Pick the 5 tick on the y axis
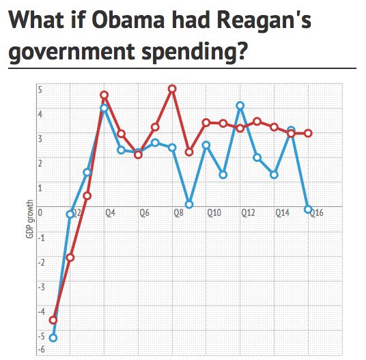tap(40, 89)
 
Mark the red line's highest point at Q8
tap(172, 89)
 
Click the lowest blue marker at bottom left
tap(53, 337)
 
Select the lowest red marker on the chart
tap(53, 320)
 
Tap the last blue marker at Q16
tap(308, 209)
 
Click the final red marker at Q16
tap(308, 133)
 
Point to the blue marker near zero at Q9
tap(189, 204)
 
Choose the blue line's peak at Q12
tap(240, 105)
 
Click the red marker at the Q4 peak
tap(104, 96)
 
